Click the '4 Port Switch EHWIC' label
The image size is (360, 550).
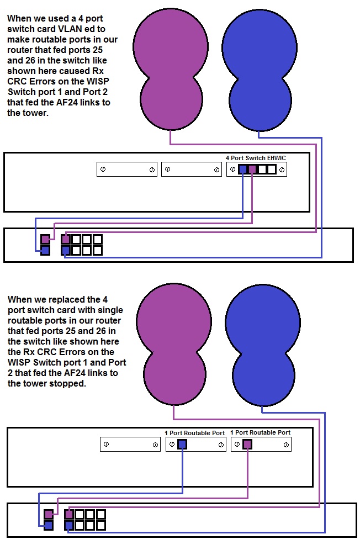point(256,157)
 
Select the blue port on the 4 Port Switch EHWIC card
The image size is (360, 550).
point(243,170)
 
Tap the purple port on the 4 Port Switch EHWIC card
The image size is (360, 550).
point(252,170)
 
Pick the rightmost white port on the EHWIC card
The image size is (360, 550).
point(271,170)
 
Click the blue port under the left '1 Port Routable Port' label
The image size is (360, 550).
point(182,444)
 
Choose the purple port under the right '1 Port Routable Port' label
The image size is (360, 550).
point(247,444)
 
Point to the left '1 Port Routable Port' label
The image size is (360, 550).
point(195,432)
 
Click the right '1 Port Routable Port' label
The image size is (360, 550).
point(260,432)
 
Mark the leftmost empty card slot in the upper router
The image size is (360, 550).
point(127,170)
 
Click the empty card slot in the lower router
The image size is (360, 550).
point(130,444)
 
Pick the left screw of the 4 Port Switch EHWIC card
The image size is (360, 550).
point(234,170)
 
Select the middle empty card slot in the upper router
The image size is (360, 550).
point(191,170)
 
